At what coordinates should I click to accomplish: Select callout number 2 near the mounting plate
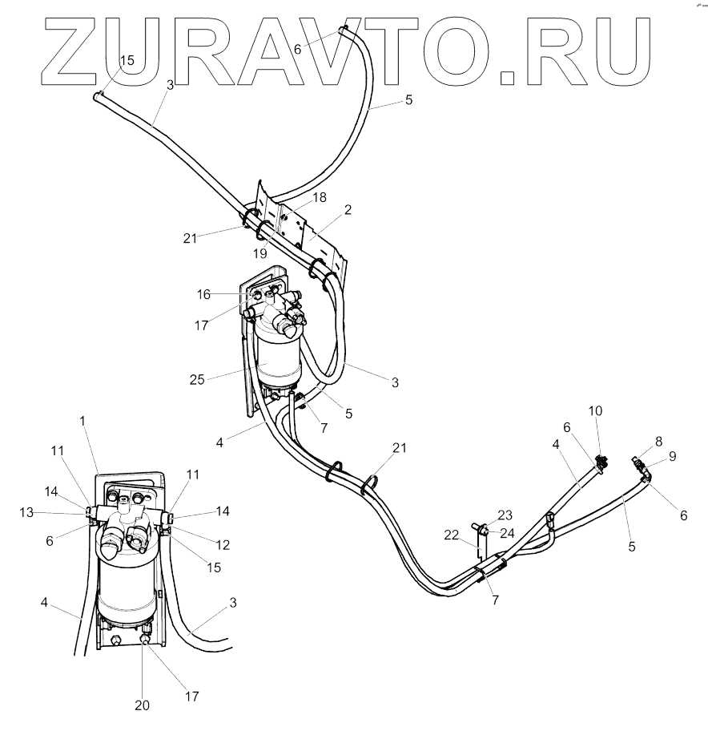coord(348,210)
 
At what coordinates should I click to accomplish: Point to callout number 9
coord(673,456)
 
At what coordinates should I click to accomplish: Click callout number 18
coord(297,196)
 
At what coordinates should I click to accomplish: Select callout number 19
coord(260,252)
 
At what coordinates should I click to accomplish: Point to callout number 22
coord(453,534)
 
